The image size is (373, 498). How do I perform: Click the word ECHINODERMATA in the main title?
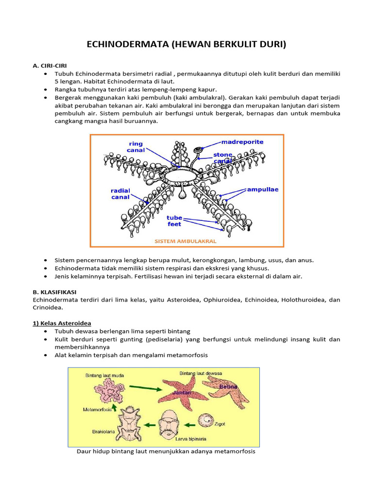125,45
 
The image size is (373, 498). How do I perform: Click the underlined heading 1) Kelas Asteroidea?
62,323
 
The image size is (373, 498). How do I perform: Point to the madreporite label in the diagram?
242,142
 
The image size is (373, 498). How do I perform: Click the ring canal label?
136,147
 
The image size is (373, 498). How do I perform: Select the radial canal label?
120,194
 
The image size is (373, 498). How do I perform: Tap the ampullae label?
262,189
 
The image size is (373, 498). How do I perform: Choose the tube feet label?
174,221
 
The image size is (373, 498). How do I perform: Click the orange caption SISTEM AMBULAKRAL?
185,241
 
